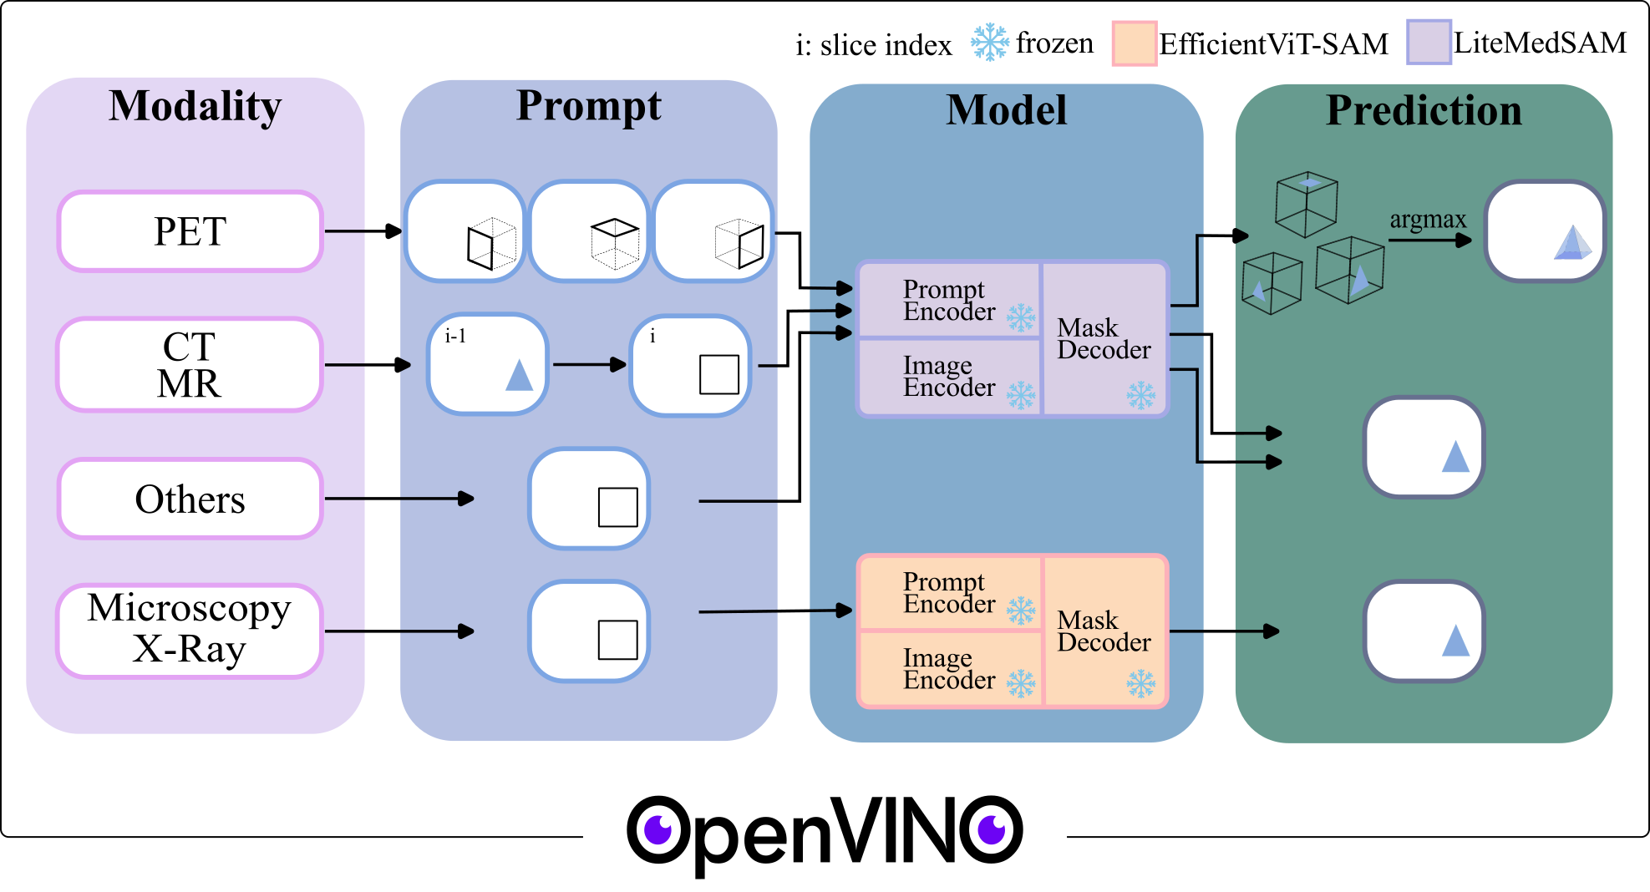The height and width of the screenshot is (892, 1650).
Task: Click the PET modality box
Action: pyautogui.click(x=190, y=231)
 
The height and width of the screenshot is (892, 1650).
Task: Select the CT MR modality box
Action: pyautogui.click(x=190, y=365)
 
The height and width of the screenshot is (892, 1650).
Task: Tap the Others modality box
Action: pyautogui.click(x=190, y=499)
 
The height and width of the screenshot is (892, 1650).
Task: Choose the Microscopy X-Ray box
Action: pyautogui.click(x=190, y=631)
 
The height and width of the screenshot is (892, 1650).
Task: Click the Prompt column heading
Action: pyautogui.click(x=588, y=106)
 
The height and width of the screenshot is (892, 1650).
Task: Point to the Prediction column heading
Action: pyautogui.click(x=1424, y=110)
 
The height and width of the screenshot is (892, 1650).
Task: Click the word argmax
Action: pyautogui.click(x=1428, y=220)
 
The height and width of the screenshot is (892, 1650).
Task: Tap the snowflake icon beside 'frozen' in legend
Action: pyautogui.click(x=990, y=42)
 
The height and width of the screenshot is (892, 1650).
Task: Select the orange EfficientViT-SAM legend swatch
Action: pyautogui.click(x=1135, y=43)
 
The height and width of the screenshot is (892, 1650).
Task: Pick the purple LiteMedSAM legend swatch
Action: pyautogui.click(x=1429, y=42)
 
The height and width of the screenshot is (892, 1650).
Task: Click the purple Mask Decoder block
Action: pyautogui.click(x=1104, y=338)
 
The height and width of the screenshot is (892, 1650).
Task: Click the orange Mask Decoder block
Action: pyautogui.click(x=1104, y=631)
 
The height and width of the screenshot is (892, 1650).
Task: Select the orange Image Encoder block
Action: pyautogui.click(x=949, y=669)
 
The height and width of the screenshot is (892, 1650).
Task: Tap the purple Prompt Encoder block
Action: pyautogui.click(x=949, y=300)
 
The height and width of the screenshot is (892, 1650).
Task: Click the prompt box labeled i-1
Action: pyautogui.click(x=488, y=365)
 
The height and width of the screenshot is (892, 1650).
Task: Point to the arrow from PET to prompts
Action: pyautogui.click(x=363, y=231)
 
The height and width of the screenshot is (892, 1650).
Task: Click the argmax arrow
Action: pyautogui.click(x=1429, y=241)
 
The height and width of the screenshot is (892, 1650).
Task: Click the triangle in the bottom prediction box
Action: pyautogui.click(x=1455, y=641)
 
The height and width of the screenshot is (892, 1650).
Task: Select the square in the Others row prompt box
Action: pyautogui.click(x=618, y=507)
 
